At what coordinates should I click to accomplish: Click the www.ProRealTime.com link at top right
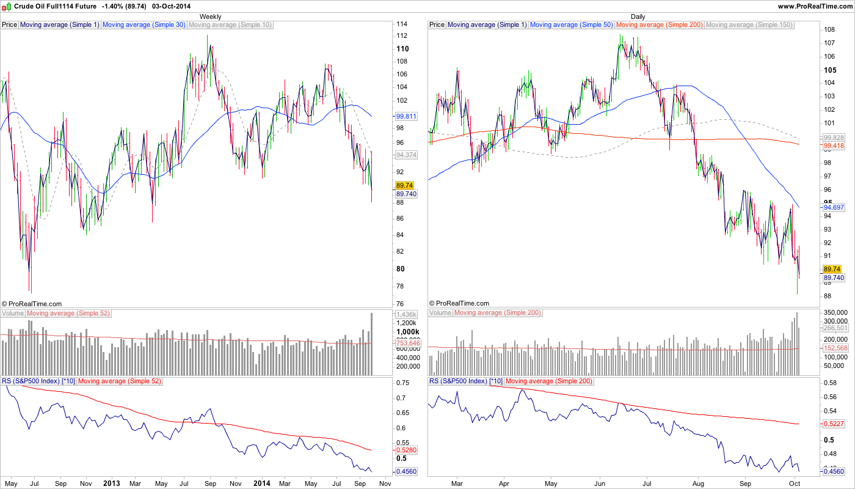[814, 6]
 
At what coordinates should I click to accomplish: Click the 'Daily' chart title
[638, 17]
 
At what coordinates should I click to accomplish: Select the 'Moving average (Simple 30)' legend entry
[144, 25]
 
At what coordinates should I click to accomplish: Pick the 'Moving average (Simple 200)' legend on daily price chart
[660, 25]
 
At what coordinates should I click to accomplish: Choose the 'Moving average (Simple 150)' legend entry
[749, 25]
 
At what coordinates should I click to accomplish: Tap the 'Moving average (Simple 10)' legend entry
[230, 25]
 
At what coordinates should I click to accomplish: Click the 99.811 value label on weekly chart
[406, 116]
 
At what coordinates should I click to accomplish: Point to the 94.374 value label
[406, 155]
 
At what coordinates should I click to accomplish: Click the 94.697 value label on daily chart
[833, 208]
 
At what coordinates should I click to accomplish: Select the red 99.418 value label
[833, 145]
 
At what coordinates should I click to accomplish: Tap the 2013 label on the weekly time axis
[112, 483]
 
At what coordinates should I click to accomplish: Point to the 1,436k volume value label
[406, 314]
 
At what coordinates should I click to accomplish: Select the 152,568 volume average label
[836, 348]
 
